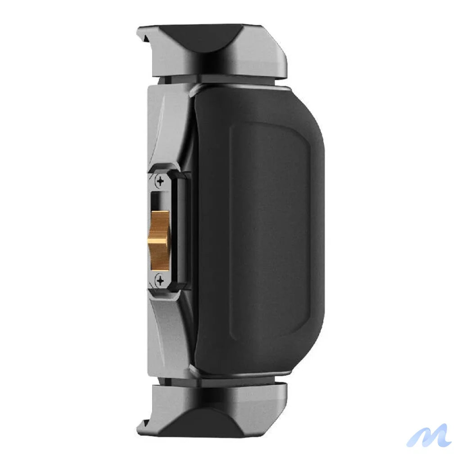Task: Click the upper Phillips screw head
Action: [x=160, y=182]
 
